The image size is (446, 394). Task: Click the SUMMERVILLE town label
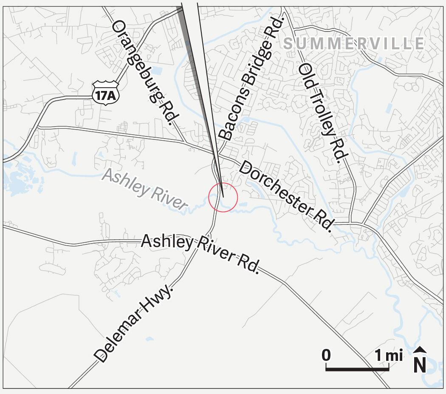pyautogui.click(x=353, y=44)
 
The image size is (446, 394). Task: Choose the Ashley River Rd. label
pyautogui.click(x=200, y=253)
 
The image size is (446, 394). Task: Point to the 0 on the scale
pyautogui.click(x=326, y=355)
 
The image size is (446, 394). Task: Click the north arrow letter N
pyautogui.click(x=420, y=366)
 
